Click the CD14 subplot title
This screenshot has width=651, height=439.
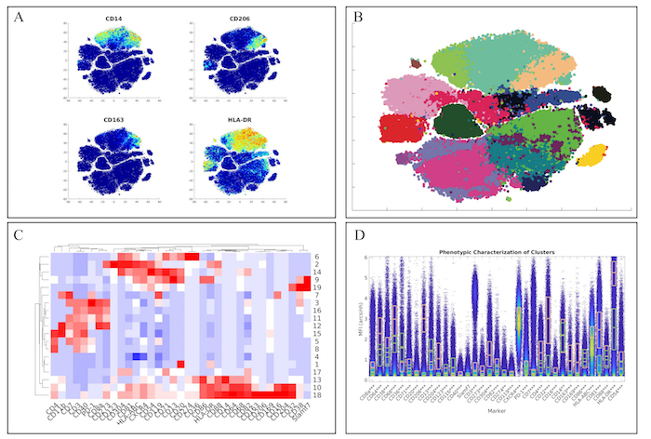tap(113, 18)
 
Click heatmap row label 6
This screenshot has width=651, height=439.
tap(317, 257)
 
